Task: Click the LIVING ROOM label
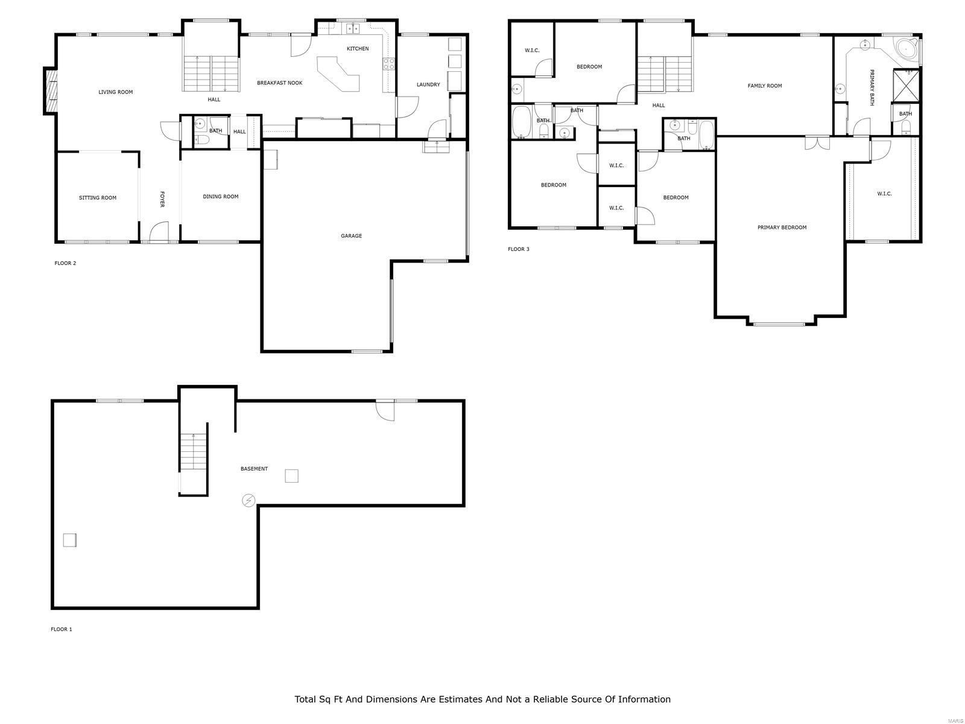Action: pos(115,92)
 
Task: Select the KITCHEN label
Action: pos(357,49)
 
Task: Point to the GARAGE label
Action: pos(351,236)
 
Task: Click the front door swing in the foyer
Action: pos(159,232)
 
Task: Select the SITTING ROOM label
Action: pos(97,198)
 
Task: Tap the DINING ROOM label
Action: pos(220,197)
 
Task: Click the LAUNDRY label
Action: pos(428,84)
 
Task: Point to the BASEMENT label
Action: pos(254,469)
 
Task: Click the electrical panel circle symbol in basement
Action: pos(248,500)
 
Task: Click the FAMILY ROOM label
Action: pos(764,86)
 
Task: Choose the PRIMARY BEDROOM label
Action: pos(782,227)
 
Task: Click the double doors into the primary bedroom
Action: pos(817,143)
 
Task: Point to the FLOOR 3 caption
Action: pos(518,249)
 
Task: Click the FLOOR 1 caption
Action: pos(61,629)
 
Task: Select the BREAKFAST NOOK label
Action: pos(279,83)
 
